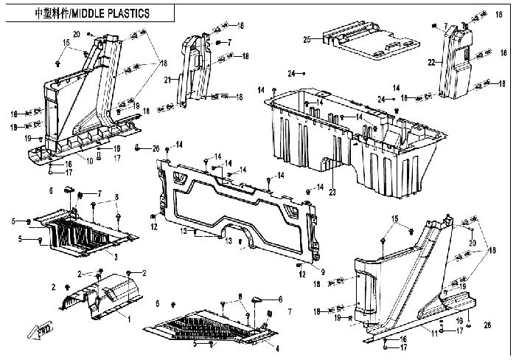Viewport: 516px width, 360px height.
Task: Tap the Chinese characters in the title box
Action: [x=51, y=13]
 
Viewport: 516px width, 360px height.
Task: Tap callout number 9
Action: [x=323, y=269]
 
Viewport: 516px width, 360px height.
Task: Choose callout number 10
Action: [x=90, y=160]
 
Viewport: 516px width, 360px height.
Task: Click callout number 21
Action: [x=167, y=80]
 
